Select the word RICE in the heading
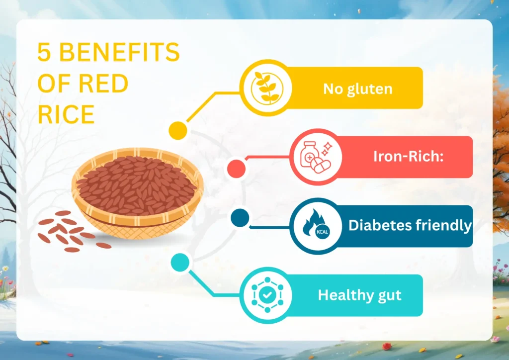point(66,115)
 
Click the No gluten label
point(357,89)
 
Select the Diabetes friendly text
point(410,225)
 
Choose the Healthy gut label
point(359,295)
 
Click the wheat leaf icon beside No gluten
point(264,88)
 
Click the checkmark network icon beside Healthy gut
point(267,295)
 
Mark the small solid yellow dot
point(177,130)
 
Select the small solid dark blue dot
point(240,218)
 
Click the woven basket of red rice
point(138,191)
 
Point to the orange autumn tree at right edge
point(500,149)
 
